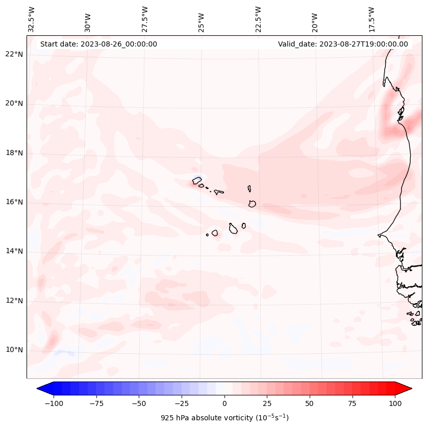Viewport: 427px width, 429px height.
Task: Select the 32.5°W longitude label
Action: pos(32,19)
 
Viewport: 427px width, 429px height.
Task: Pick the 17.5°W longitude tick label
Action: pos(371,19)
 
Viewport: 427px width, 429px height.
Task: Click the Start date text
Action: pos(98,44)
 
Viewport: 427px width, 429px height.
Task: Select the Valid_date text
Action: pos(343,44)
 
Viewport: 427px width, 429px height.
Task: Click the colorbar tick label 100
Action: pos(394,403)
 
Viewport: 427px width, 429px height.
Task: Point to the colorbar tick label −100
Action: pos(53,403)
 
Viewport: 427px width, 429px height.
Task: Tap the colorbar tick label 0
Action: pos(224,403)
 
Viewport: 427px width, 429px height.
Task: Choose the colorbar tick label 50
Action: pos(310,403)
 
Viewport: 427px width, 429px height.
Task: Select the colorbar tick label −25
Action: pos(182,403)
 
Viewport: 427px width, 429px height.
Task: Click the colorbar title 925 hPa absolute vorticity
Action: pos(224,418)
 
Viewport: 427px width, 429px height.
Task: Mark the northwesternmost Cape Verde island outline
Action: pos(197,180)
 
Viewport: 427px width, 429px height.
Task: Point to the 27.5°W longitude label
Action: pos(145,19)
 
